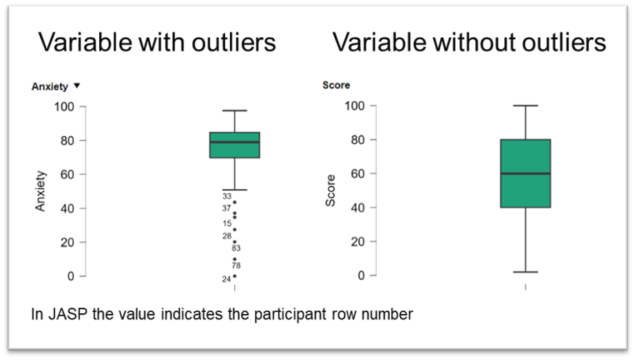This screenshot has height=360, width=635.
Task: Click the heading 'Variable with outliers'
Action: (x=157, y=42)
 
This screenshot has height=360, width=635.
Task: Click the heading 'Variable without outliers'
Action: (x=470, y=42)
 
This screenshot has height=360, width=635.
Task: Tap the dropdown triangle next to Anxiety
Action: (x=77, y=85)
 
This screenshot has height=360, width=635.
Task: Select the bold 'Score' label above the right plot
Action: (x=336, y=85)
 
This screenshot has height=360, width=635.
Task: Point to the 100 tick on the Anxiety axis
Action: (x=64, y=107)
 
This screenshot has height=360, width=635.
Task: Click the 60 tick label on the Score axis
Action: (x=358, y=173)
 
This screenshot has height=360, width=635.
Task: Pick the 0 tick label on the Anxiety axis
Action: (x=71, y=276)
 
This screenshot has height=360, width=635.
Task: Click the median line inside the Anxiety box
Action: (x=234, y=142)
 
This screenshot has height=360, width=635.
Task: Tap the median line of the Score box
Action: (x=525, y=173)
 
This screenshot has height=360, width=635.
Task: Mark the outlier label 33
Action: (x=227, y=196)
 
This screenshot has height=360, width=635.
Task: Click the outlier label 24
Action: (x=227, y=279)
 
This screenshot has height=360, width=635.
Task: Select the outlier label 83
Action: (x=236, y=248)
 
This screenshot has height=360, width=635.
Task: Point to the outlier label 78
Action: (x=236, y=266)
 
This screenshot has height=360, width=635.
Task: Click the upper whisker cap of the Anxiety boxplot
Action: (x=234, y=111)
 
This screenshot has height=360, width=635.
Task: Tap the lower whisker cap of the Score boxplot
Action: (x=525, y=272)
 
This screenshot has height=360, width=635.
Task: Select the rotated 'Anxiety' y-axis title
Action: (x=40, y=191)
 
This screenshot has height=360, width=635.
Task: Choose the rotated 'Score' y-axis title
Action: (x=331, y=191)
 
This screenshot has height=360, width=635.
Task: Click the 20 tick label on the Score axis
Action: (x=358, y=242)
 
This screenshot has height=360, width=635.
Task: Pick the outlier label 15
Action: (x=227, y=224)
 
